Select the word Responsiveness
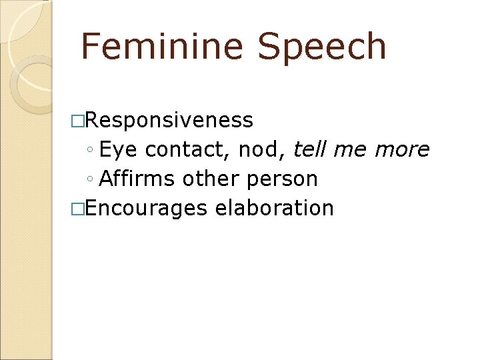point(169,120)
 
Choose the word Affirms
point(137,179)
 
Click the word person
point(285,179)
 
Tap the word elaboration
point(275,208)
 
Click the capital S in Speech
point(270,47)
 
